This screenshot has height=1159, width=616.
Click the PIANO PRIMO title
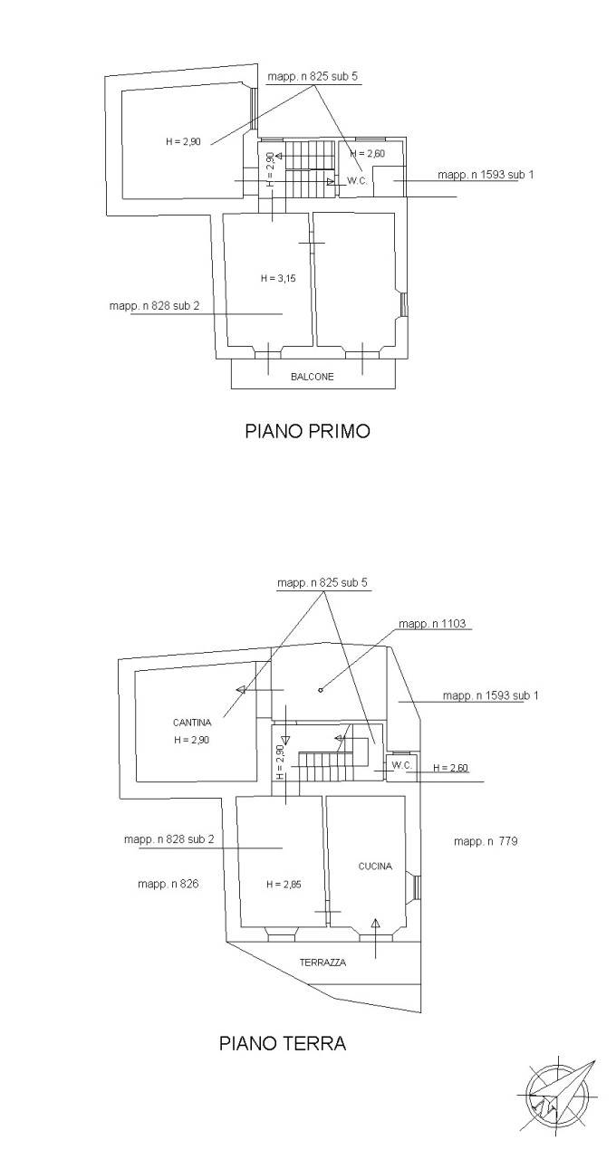click(x=308, y=431)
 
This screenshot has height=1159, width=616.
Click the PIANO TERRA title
click(x=283, y=1043)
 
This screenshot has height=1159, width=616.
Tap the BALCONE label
click(x=313, y=377)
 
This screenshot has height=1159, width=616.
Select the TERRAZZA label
click(x=322, y=963)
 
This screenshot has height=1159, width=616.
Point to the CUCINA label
click(x=375, y=867)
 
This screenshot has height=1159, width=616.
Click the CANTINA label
click(x=192, y=723)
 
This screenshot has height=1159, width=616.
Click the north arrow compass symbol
click(x=559, y=1096)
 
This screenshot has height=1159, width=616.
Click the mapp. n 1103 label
click(x=438, y=624)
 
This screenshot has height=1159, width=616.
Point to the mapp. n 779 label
click(x=486, y=841)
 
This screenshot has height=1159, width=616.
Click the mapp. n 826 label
click(x=168, y=884)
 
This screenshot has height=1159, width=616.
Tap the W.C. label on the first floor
click(x=356, y=181)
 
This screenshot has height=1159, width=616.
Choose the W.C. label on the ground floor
click(x=402, y=765)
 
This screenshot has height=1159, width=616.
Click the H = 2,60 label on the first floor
click(x=367, y=154)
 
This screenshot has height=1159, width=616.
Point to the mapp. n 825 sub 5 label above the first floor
click(x=313, y=77)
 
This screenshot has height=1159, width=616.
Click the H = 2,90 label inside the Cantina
click(x=192, y=740)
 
